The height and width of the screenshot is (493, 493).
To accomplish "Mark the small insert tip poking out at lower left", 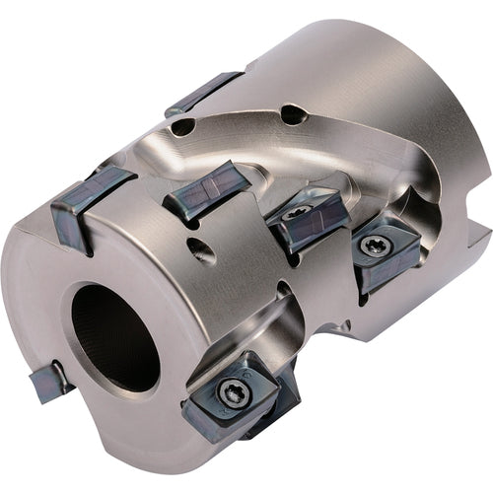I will click(x=49, y=381).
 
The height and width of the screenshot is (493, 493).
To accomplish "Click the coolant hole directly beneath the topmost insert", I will click(x=182, y=126).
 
